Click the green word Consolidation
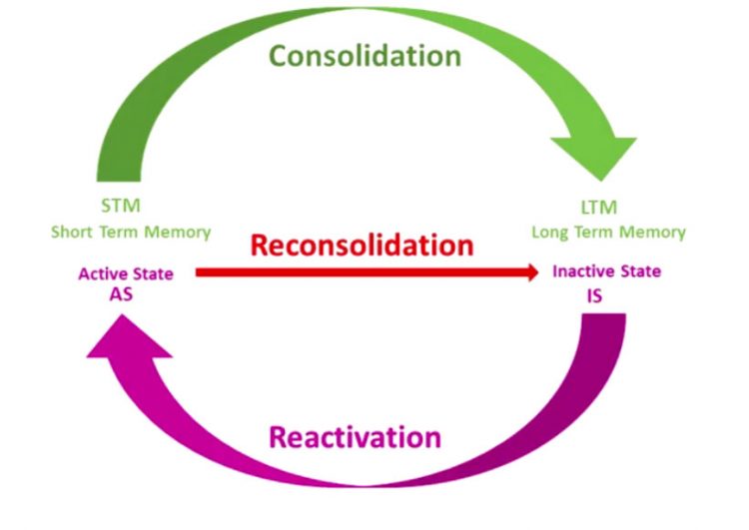[366, 56]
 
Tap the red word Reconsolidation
[361, 245]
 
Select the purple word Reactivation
[354, 437]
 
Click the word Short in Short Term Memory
[73, 233]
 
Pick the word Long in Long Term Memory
[551, 233]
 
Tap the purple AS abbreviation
[122, 295]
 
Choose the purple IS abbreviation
[595, 295]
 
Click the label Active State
[126, 273]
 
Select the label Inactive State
[606, 271]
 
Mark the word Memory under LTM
[654, 233]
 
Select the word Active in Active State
[101, 273]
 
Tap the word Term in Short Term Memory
[124, 233]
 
